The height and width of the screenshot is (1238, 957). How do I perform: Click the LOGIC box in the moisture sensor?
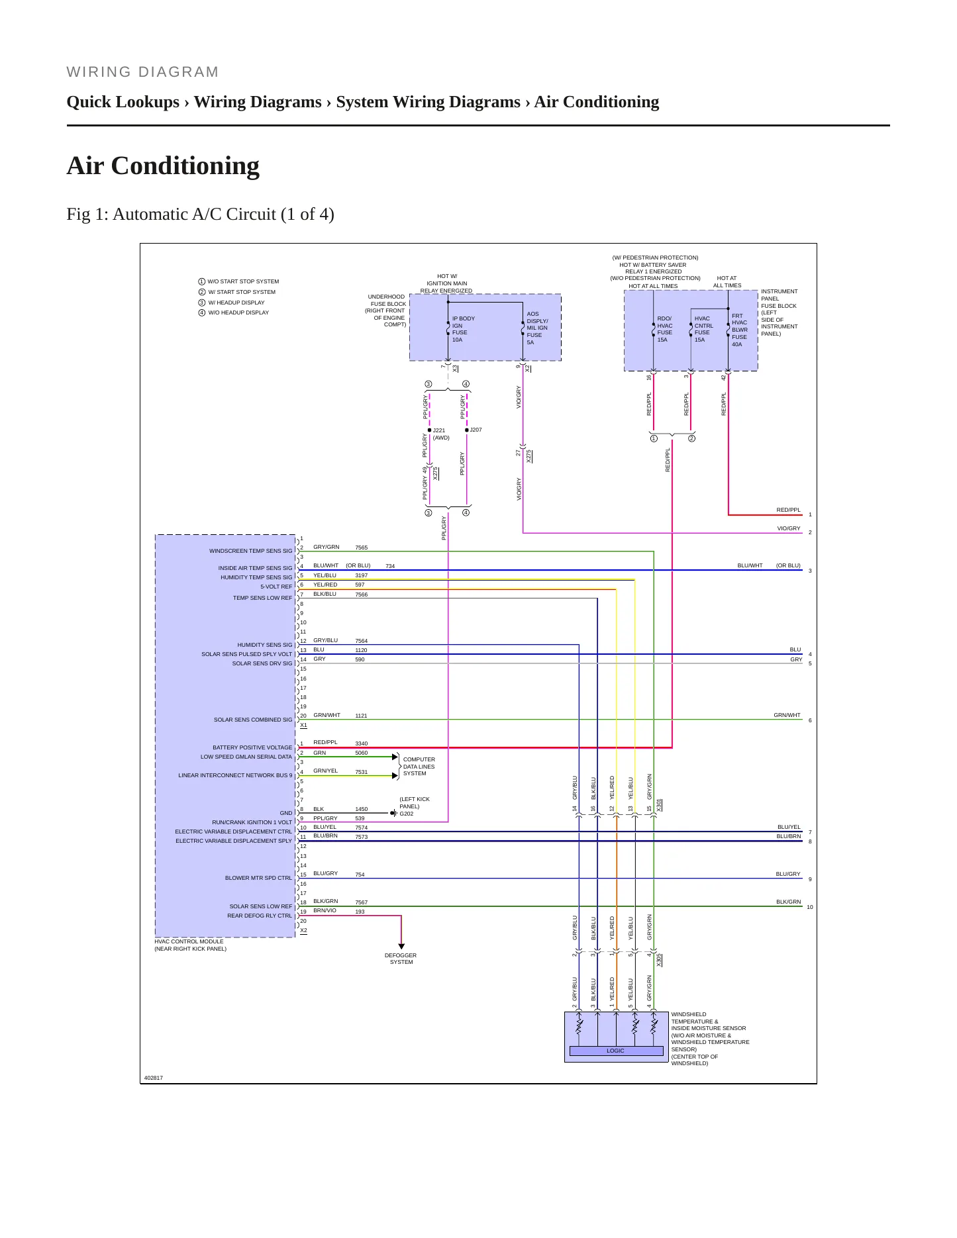[616, 1051]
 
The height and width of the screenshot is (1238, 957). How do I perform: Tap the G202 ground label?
[406, 814]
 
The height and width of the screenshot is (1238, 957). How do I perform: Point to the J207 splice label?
[476, 430]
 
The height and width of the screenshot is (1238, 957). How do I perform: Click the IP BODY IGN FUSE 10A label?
[464, 329]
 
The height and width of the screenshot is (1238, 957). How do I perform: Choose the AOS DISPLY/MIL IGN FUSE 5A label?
[537, 328]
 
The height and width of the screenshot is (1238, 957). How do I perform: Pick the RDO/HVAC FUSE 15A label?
[664, 329]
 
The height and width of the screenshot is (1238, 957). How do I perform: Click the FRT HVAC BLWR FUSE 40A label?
[739, 330]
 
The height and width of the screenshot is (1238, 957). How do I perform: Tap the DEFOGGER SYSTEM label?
[401, 959]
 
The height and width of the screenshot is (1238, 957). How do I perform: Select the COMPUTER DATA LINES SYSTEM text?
[419, 767]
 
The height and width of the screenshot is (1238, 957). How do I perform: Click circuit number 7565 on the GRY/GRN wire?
[361, 548]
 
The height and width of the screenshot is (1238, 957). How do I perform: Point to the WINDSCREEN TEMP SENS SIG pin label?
[250, 551]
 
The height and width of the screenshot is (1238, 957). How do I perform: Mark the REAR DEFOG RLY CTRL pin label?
[260, 916]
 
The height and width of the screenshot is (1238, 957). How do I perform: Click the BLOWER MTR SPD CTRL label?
[258, 878]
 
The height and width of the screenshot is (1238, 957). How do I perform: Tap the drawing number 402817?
[154, 1078]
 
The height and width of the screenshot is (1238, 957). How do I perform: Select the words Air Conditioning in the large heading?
[163, 166]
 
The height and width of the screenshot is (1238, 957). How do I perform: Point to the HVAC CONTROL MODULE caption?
[189, 941]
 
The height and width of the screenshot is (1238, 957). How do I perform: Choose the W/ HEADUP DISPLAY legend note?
[236, 303]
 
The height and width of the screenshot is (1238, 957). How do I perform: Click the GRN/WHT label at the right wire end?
[787, 715]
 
